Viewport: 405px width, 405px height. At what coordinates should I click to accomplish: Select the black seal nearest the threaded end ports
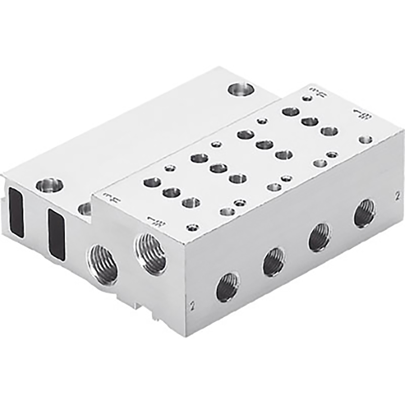[x=57, y=234]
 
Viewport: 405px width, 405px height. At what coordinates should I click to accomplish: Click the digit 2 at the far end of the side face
[x=398, y=196]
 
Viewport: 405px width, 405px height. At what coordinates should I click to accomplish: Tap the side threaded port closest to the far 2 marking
[x=365, y=213]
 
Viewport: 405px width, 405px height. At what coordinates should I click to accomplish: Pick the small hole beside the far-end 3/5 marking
[x=306, y=99]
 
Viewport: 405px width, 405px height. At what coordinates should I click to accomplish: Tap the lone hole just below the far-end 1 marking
[x=365, y=140]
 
